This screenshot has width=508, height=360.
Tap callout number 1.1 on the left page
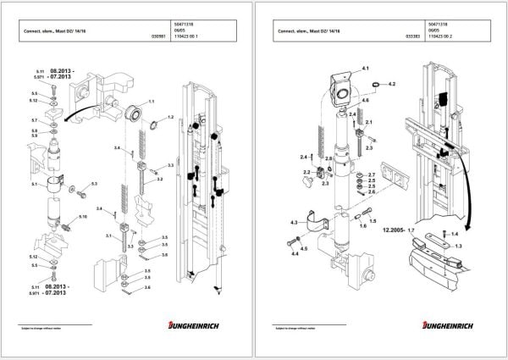152,102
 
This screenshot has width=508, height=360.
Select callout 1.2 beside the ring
170,117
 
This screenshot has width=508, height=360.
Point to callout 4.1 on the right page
366,66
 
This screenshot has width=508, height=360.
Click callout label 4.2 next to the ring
391,85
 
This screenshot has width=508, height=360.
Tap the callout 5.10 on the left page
83,218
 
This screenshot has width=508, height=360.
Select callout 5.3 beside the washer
94,183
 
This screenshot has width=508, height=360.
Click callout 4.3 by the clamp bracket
294,222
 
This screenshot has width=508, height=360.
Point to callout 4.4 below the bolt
294,252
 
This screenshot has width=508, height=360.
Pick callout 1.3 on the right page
459,245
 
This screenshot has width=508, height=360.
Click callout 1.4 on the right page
455,232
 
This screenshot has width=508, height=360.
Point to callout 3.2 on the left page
158,180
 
